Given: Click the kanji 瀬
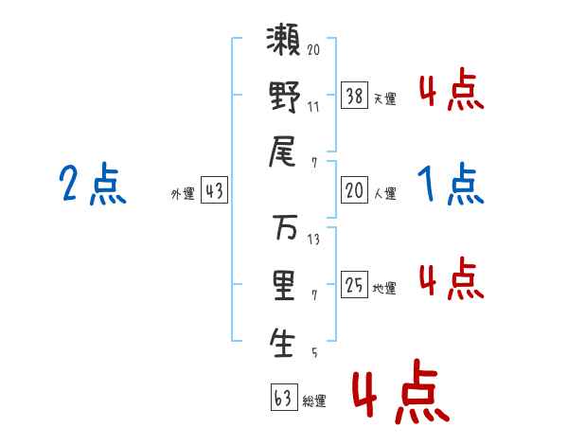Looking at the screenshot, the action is pyautogui.click(x=285, y=45).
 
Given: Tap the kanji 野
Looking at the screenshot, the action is pyautogui.click(x=285, y=99).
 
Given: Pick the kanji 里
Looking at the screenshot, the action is pyautogui.click(x=285, y=286).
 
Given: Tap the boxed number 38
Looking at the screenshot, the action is pyautogui.click(x=354, y=95).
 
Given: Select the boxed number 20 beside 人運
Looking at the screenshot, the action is pyautogui.click(x=354, y=190).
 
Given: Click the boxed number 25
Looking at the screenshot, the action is pyautogui.click(x=354, y=285).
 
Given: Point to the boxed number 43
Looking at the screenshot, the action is pyautogui.click(x=214, y=190).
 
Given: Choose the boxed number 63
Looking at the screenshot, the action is pyautogui.click(x=281, y=397).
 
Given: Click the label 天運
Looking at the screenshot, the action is pyautogui.click(x=384, y=98).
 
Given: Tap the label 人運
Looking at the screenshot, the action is pyautogui.click(x=384, y=193).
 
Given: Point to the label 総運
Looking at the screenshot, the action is pyautogui.click(x=313, y=400).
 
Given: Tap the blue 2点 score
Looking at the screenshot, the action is pyautogui.click(x=93, y=184).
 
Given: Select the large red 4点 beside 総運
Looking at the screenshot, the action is pyautogui.click(x=397, y=396).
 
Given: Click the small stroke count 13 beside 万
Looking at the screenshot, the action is pyautogui.click(x=313, y=239).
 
